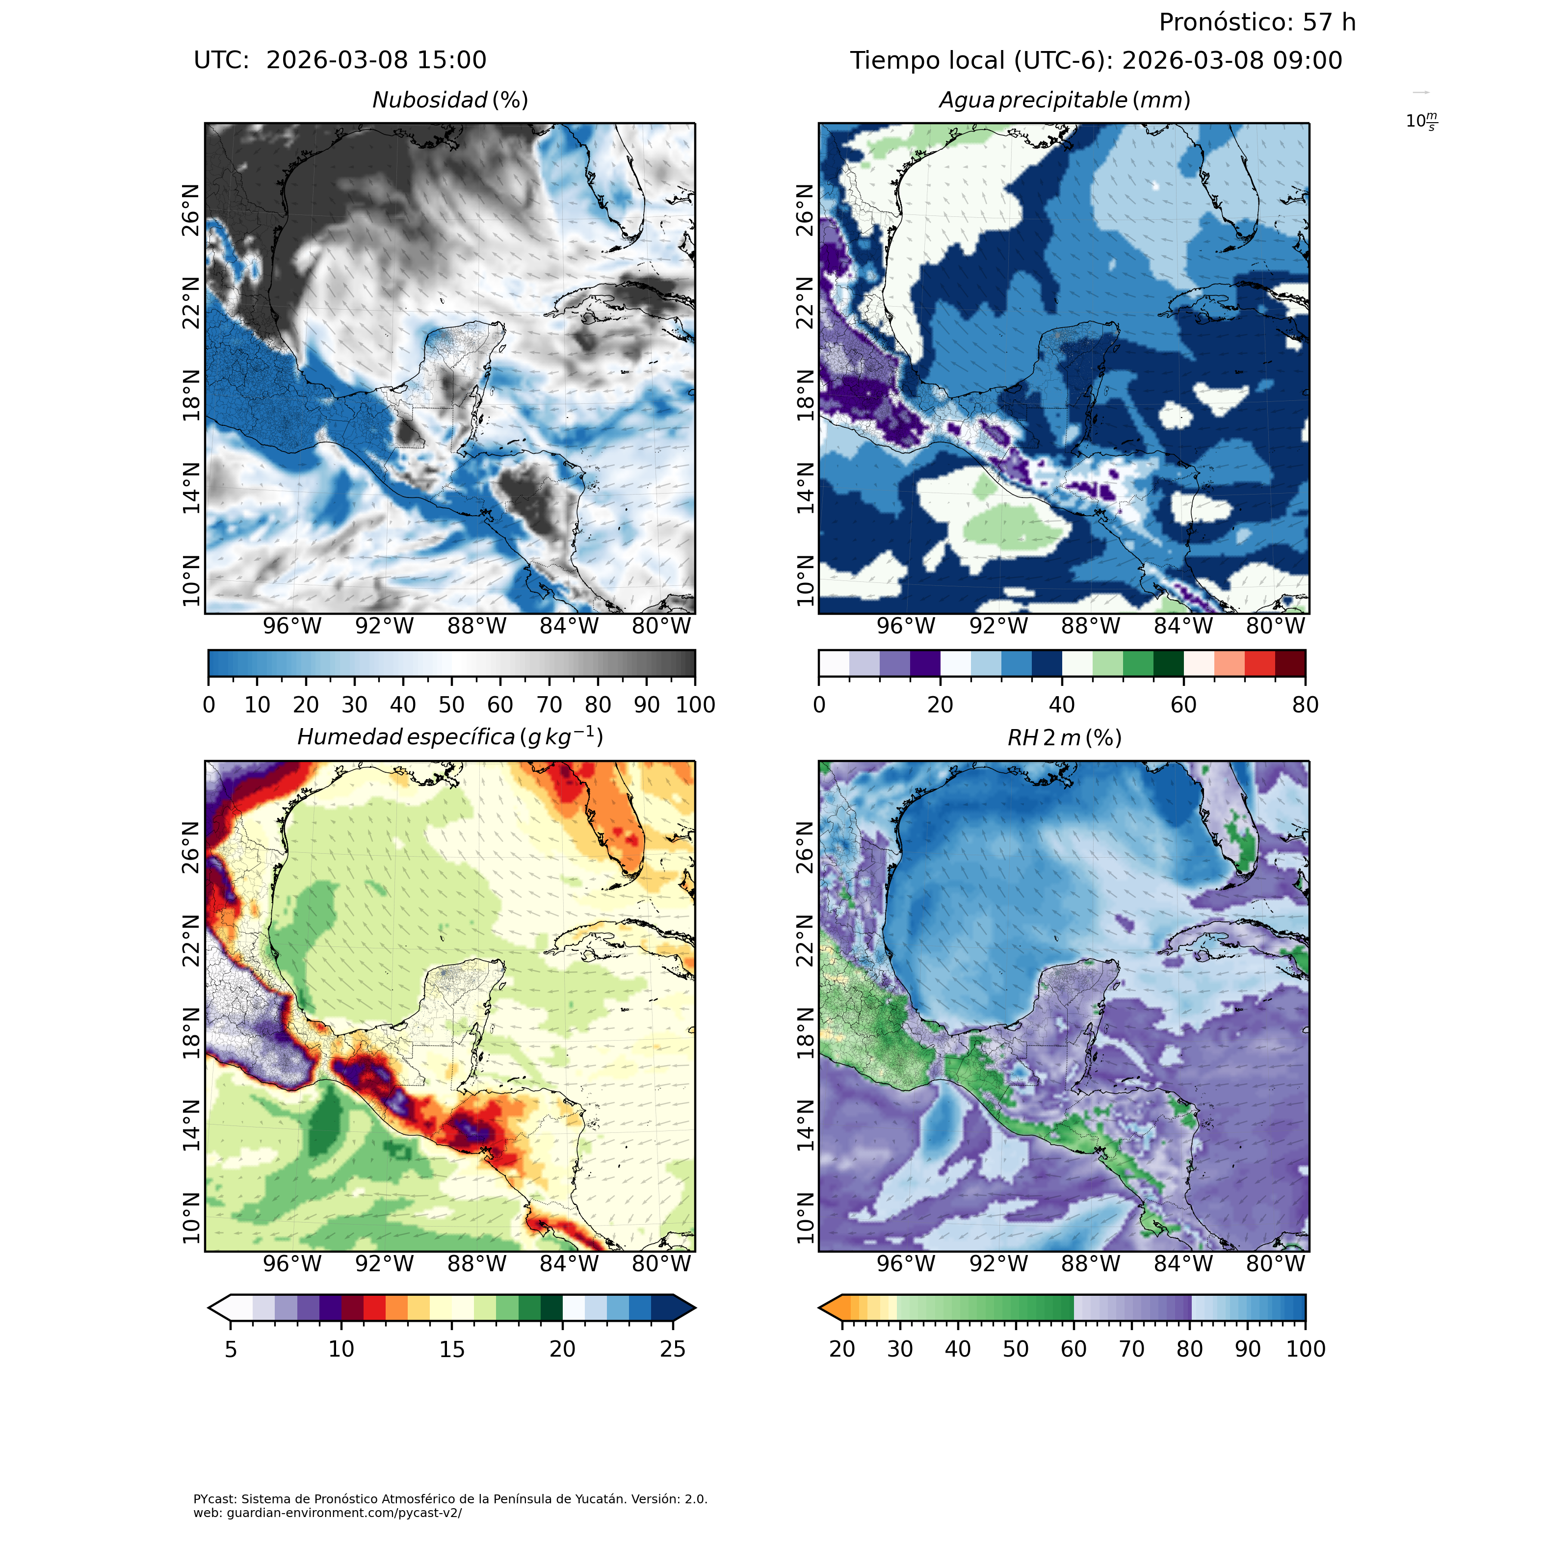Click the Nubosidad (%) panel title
click(450, 101)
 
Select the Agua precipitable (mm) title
click(1064, 101)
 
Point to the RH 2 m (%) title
click(1064, 737)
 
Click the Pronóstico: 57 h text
click(1257, 23)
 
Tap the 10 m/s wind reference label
click(1421, 122)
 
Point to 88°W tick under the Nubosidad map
click(476, 626)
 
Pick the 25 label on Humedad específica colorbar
click(673, 1349)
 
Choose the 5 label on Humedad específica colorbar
click(230, 1349)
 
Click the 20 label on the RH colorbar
click(842, 1349)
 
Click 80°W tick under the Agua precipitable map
click(1276, 626)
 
